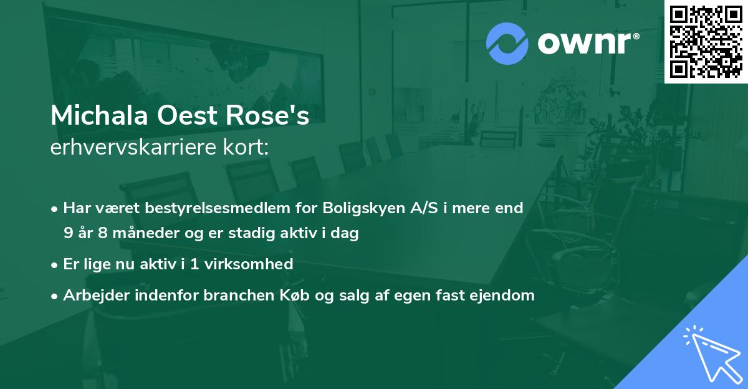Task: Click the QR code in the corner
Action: click(706, 42)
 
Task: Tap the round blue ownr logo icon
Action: click(507, 44)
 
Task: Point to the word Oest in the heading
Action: click(185, 116)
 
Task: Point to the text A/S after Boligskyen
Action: click(421, 208)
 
